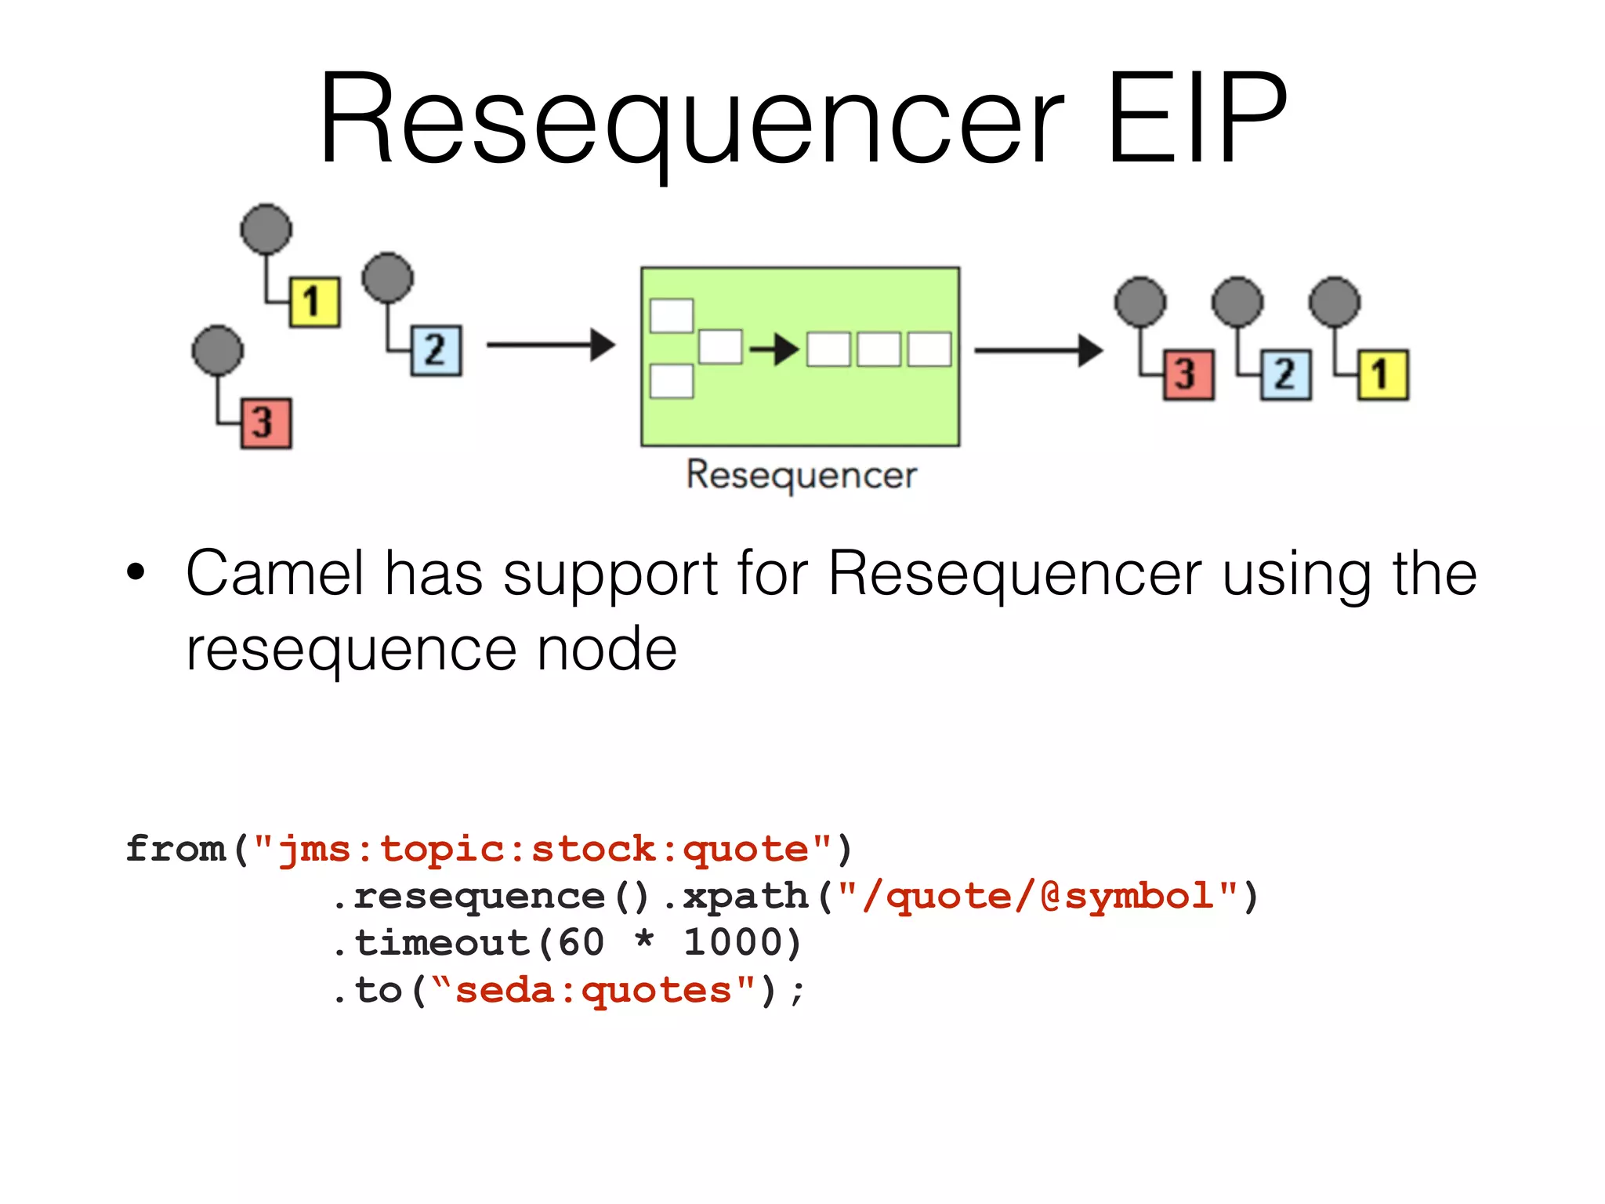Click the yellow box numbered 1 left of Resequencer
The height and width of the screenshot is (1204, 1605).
[315, 302]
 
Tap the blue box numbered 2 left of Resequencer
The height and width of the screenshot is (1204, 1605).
[437, 350]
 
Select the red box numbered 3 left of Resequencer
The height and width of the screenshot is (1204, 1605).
[266, 423]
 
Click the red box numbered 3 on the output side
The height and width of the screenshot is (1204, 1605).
[1188, 375]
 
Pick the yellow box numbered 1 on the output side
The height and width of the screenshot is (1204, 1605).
[1383, 375]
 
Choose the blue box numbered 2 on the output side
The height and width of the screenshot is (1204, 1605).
[1285, 375]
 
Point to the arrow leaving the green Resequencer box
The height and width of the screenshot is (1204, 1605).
[1038, 350]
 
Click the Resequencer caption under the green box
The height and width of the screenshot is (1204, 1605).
[801, 475]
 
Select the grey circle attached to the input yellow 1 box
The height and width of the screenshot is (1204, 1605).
[266, 229]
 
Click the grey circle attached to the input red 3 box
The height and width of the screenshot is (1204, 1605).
[218, 350]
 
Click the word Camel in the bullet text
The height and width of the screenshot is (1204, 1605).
[275, 574]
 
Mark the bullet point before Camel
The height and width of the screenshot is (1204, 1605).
[136, 572]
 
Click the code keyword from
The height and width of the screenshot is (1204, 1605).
[176, 849]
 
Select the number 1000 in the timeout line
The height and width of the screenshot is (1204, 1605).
[741, 943]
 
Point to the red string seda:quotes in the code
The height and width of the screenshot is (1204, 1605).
[593, 991]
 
